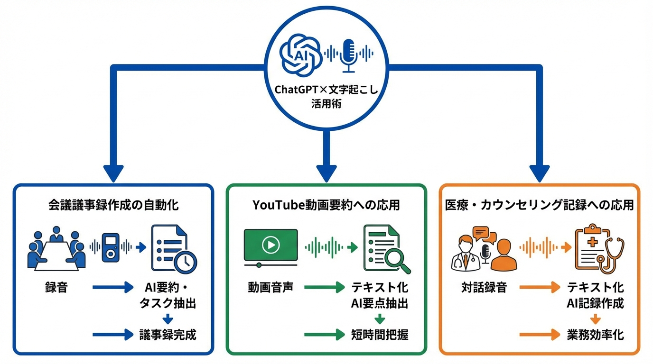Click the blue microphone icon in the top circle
349,55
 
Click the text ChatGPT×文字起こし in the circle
326,90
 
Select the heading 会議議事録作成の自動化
113,205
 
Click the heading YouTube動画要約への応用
326,205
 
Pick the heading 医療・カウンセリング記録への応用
539,205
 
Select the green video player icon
271,246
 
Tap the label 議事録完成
168,335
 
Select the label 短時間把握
380,335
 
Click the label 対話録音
484,287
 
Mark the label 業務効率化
595,335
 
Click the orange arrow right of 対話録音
540,287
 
